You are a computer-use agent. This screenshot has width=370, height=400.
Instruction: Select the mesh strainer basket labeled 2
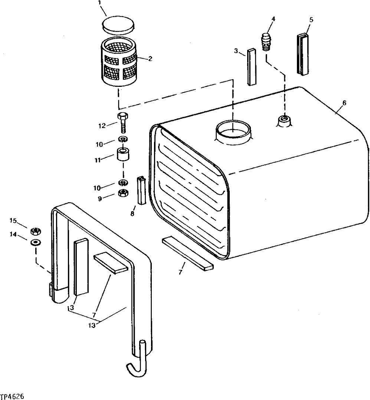point(118,64)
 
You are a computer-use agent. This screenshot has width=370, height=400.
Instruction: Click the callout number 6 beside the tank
point(344,103)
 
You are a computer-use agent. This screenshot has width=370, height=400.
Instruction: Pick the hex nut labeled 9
point(124,193)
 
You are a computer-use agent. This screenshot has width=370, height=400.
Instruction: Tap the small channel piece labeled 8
point(142,190)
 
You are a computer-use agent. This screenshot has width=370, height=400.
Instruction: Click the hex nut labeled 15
point(36,232)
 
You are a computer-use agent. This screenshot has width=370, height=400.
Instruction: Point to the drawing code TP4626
point(13,396)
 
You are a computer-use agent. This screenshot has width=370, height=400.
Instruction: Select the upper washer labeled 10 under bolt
point(123,139)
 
